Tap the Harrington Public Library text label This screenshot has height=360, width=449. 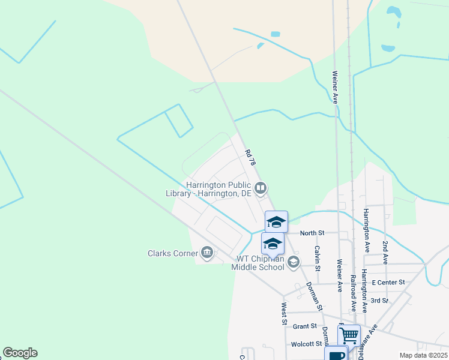click(x=209, y=190)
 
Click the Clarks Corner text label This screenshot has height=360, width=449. click(x=173, y=253)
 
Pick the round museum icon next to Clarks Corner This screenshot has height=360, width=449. click(x=207, y=253)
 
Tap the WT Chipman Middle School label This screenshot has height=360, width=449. click(x=258, y=263)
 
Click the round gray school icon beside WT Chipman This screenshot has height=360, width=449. click(x=294, y=262)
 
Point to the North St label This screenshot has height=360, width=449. click(x=312, y=233)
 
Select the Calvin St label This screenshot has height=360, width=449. click(x=317, y=256)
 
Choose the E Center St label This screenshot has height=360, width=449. click(x=388, y=282)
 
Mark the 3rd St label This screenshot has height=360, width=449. click(x=379, y=301)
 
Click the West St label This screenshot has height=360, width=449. click(x=284, y=314)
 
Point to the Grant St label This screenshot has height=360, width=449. click(x=305, y=326)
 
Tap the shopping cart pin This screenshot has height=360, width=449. click(x=349, y=335)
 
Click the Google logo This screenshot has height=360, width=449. click(x=20, y=353)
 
